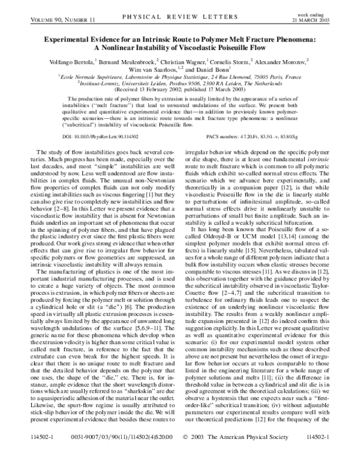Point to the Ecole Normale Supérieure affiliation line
(x=179, y=77)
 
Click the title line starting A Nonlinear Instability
(x=179, y=48)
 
